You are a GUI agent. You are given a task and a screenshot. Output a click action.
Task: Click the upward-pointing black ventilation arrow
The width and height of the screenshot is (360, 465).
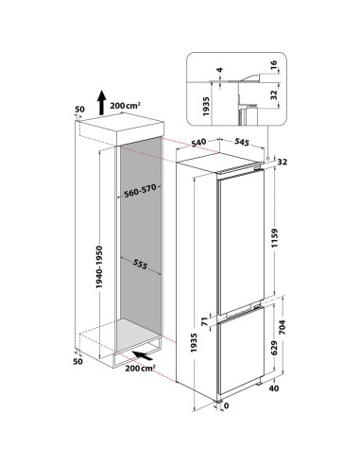tap(101, 103)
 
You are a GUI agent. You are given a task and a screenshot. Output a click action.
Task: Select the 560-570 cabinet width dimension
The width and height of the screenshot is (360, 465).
tap(140, 191)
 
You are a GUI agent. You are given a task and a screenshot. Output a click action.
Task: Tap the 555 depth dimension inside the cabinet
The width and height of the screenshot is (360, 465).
tap(140, 264)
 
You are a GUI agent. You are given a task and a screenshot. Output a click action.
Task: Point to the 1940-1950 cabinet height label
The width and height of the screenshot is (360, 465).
tap(99, 267)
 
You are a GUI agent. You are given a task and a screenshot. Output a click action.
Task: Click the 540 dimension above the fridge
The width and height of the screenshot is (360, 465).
tap(198, 143)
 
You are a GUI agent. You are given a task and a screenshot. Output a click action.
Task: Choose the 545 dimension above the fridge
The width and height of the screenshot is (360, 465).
tap(241, 142)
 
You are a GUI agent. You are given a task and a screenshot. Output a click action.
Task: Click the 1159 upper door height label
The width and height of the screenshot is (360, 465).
tap(275, 239)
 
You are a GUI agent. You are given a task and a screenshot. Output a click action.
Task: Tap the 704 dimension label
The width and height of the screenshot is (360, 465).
tap(282, 327)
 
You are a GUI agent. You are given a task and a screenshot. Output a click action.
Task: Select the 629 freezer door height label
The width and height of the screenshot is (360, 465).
tap(274, 348)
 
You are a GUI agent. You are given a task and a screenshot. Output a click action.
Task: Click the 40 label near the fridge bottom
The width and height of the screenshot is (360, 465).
tap(274, 388)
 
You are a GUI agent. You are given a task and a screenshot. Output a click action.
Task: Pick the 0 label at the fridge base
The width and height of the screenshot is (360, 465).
tap(227, 406)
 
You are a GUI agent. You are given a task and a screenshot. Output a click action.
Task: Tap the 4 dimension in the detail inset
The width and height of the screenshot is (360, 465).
tap(220, 70)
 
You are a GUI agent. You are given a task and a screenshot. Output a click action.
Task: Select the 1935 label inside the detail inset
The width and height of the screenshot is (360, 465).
tap(206, 106)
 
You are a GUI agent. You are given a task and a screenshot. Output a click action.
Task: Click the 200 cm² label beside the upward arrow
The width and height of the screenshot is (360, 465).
tap(125, 106)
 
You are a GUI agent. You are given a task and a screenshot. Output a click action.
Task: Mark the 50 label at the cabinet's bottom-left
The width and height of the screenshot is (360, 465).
tap(77, 361)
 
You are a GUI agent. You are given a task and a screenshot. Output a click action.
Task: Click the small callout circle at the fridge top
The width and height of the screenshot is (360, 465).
tap(267, 158)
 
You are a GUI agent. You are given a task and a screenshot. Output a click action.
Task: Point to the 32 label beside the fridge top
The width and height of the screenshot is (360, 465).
tap(283, 162)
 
